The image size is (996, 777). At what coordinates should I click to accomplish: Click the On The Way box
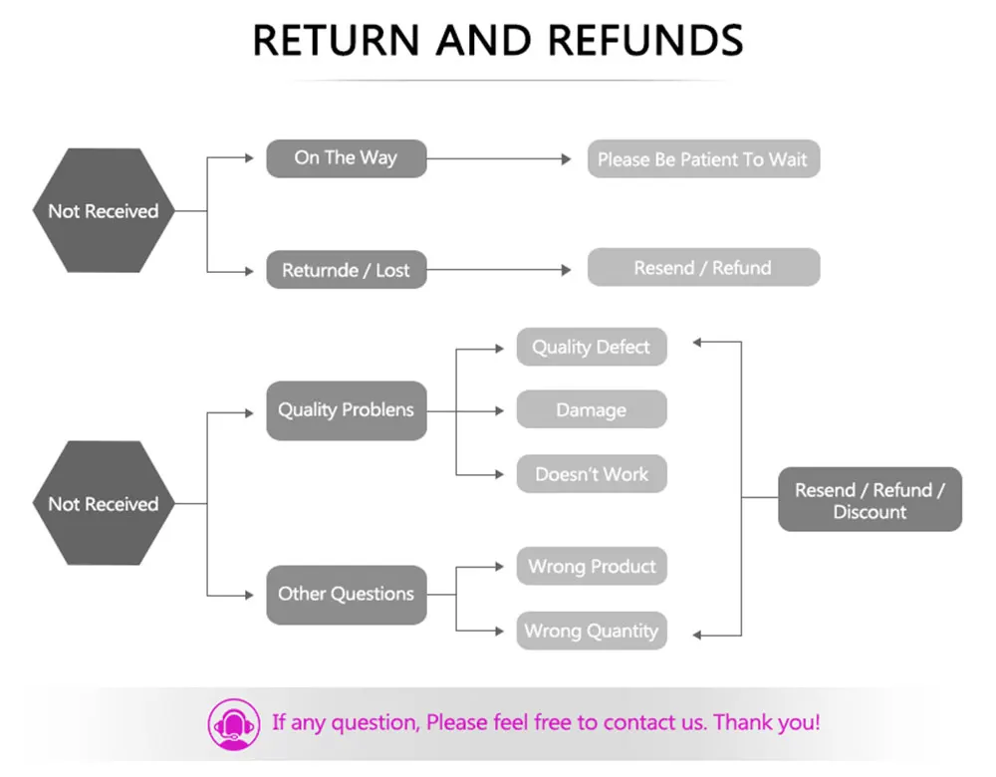coord(346,158)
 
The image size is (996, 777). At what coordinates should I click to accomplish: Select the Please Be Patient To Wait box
coord(703,159)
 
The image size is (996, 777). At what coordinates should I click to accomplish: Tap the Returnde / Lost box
coord(346,270)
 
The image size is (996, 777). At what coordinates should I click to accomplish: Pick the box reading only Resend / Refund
coord(703,268)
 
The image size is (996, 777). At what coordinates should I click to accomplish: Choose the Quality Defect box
coord(591,348)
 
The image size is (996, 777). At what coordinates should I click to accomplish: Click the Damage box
coord(591,410)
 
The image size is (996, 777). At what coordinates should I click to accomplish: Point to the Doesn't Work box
coord(591,474)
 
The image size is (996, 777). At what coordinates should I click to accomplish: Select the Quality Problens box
coord(346,410)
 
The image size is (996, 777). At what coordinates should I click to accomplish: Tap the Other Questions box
coord(346,595)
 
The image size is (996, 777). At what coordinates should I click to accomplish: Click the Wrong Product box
coord(591,567)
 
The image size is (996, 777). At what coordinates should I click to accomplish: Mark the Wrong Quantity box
coord(591,631)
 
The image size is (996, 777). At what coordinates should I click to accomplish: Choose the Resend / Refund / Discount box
coord(870,500)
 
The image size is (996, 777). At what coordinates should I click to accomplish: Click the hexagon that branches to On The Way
coord(104,211)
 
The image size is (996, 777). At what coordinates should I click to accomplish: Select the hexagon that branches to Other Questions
coord(104,504)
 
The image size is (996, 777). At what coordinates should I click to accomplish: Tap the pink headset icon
coord(232,724)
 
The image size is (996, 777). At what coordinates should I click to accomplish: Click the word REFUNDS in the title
coord(645,41)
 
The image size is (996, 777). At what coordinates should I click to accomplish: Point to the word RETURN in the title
coord(335,41)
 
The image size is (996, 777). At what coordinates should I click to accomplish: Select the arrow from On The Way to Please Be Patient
coord(498,158)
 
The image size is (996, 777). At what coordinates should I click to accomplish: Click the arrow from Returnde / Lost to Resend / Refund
coord(498,270)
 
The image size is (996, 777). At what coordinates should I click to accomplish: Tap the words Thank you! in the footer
coord(767,722)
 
